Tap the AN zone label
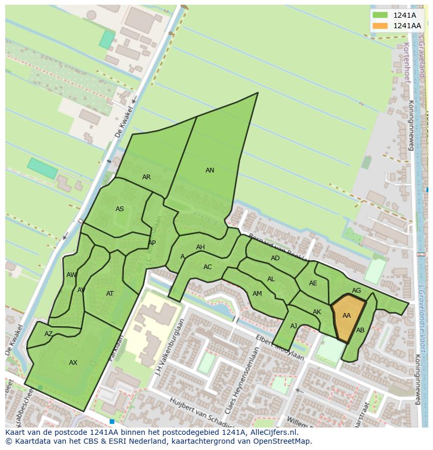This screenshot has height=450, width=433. [210, 170]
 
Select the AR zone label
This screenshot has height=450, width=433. [146, 177]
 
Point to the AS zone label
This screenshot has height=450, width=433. [120, 209]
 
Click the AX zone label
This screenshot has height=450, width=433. [73, 363]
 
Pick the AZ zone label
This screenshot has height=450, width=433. [49, 334]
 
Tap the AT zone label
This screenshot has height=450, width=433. [110, 294]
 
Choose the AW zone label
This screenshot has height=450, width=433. [72, 275]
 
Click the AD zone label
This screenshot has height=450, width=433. [275, 258]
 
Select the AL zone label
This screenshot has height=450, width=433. [271, 279]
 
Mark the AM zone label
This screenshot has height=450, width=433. [257, 294]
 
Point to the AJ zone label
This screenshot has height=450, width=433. [293, 326]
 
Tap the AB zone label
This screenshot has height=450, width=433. [360, 330]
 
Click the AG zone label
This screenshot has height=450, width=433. [356, 291]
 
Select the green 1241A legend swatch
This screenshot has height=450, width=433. [380, 15]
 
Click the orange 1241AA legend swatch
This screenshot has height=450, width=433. [380, 26]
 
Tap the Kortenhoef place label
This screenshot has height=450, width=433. [406, 63]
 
